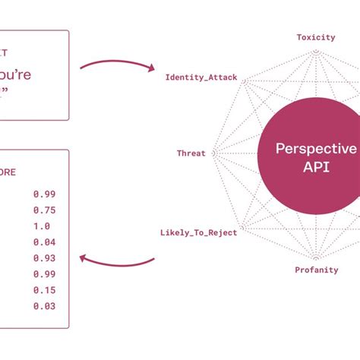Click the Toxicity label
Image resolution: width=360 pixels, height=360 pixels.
point(314,36)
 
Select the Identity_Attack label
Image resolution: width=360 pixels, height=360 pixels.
point(201,77)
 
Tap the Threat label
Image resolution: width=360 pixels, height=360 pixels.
point(191,153)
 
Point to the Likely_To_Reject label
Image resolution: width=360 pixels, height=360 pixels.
point(199,232)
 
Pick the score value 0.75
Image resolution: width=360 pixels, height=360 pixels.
point(44,210)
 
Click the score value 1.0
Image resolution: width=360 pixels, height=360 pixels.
point(42,226)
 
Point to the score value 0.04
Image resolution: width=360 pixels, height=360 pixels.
point(44,242)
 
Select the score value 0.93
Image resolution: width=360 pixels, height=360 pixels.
point(44,258)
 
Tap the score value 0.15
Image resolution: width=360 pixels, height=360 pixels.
point(44,290)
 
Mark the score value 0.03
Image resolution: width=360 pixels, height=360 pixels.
point(44,306)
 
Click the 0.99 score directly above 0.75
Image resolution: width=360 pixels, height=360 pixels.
point(44,194)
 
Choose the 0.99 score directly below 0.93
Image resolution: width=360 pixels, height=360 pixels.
point(44,274)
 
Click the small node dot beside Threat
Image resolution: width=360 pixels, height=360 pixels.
point(213,153)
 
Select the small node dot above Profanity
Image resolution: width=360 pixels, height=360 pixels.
point(314,256)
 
